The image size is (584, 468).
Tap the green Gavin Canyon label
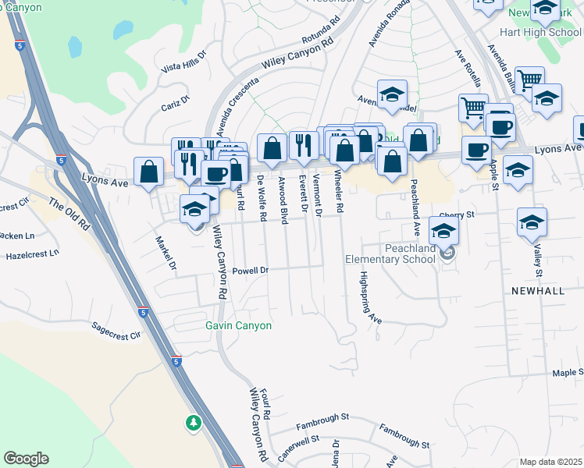tap(238, 325)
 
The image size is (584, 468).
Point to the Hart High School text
tap(543, 33)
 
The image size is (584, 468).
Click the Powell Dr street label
tap(250, 270)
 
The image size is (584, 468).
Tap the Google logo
tap(26, 459)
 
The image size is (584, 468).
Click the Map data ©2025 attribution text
tap(551, 462)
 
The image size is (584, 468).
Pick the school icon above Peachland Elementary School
tap(443, 232)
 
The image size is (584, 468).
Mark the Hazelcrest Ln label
tap(33, 254)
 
